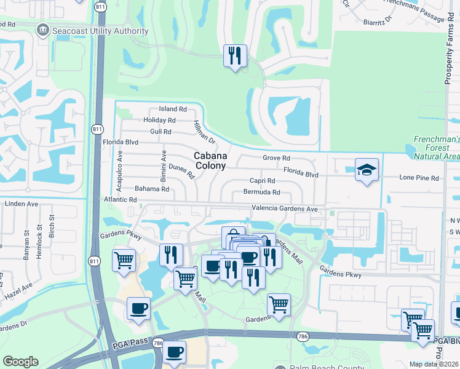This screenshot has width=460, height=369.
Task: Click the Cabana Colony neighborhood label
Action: point(210,161)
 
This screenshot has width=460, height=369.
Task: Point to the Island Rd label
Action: point(172,109)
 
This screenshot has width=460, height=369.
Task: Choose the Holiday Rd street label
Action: point(159,121)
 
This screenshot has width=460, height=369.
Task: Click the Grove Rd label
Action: point(276,158)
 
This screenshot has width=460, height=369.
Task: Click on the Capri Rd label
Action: point(262,181)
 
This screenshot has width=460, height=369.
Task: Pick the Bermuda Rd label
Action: point(262,192)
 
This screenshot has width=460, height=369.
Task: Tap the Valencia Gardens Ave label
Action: point(284,209)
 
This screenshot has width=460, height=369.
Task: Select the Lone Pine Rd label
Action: point(419,178)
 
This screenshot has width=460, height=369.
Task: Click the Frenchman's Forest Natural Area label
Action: point(436,148)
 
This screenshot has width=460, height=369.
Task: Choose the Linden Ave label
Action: point(22,204)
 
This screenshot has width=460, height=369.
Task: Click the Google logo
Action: point(20,362)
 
